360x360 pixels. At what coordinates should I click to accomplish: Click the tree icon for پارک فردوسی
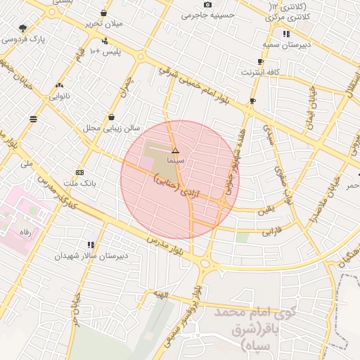24,29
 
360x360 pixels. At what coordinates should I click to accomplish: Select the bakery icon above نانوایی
58,86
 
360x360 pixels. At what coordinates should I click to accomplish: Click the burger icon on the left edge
33,120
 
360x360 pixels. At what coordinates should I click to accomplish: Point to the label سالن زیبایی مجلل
112,128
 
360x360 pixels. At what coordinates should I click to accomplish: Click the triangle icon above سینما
175,150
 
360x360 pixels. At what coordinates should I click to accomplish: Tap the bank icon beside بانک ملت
79,172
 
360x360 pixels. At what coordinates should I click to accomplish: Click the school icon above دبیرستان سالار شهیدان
91,245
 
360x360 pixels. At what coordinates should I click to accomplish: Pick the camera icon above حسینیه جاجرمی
207,5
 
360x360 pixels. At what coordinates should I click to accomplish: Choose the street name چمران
127,86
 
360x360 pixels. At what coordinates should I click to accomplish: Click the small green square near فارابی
242,238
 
